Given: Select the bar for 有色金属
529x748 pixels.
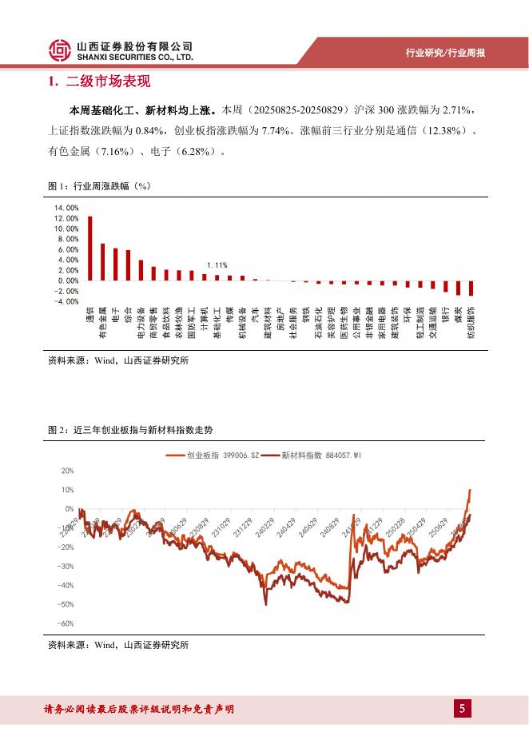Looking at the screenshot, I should tap(102, 262).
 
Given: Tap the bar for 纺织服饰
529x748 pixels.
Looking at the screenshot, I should tap(471, 288).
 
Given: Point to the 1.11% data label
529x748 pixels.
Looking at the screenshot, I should tap(217, 265).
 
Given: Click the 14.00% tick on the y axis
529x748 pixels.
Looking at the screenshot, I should tap(66, 208).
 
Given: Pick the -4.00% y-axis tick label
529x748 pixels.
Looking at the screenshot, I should tap(66, 301).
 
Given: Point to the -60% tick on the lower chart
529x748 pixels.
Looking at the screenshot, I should tap(66, 623).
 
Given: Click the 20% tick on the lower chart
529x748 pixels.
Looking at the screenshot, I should tap(67, 471).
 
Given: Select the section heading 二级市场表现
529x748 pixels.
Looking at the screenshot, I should tap(102, 82).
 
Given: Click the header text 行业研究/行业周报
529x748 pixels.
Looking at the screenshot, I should tap(446, 53).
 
